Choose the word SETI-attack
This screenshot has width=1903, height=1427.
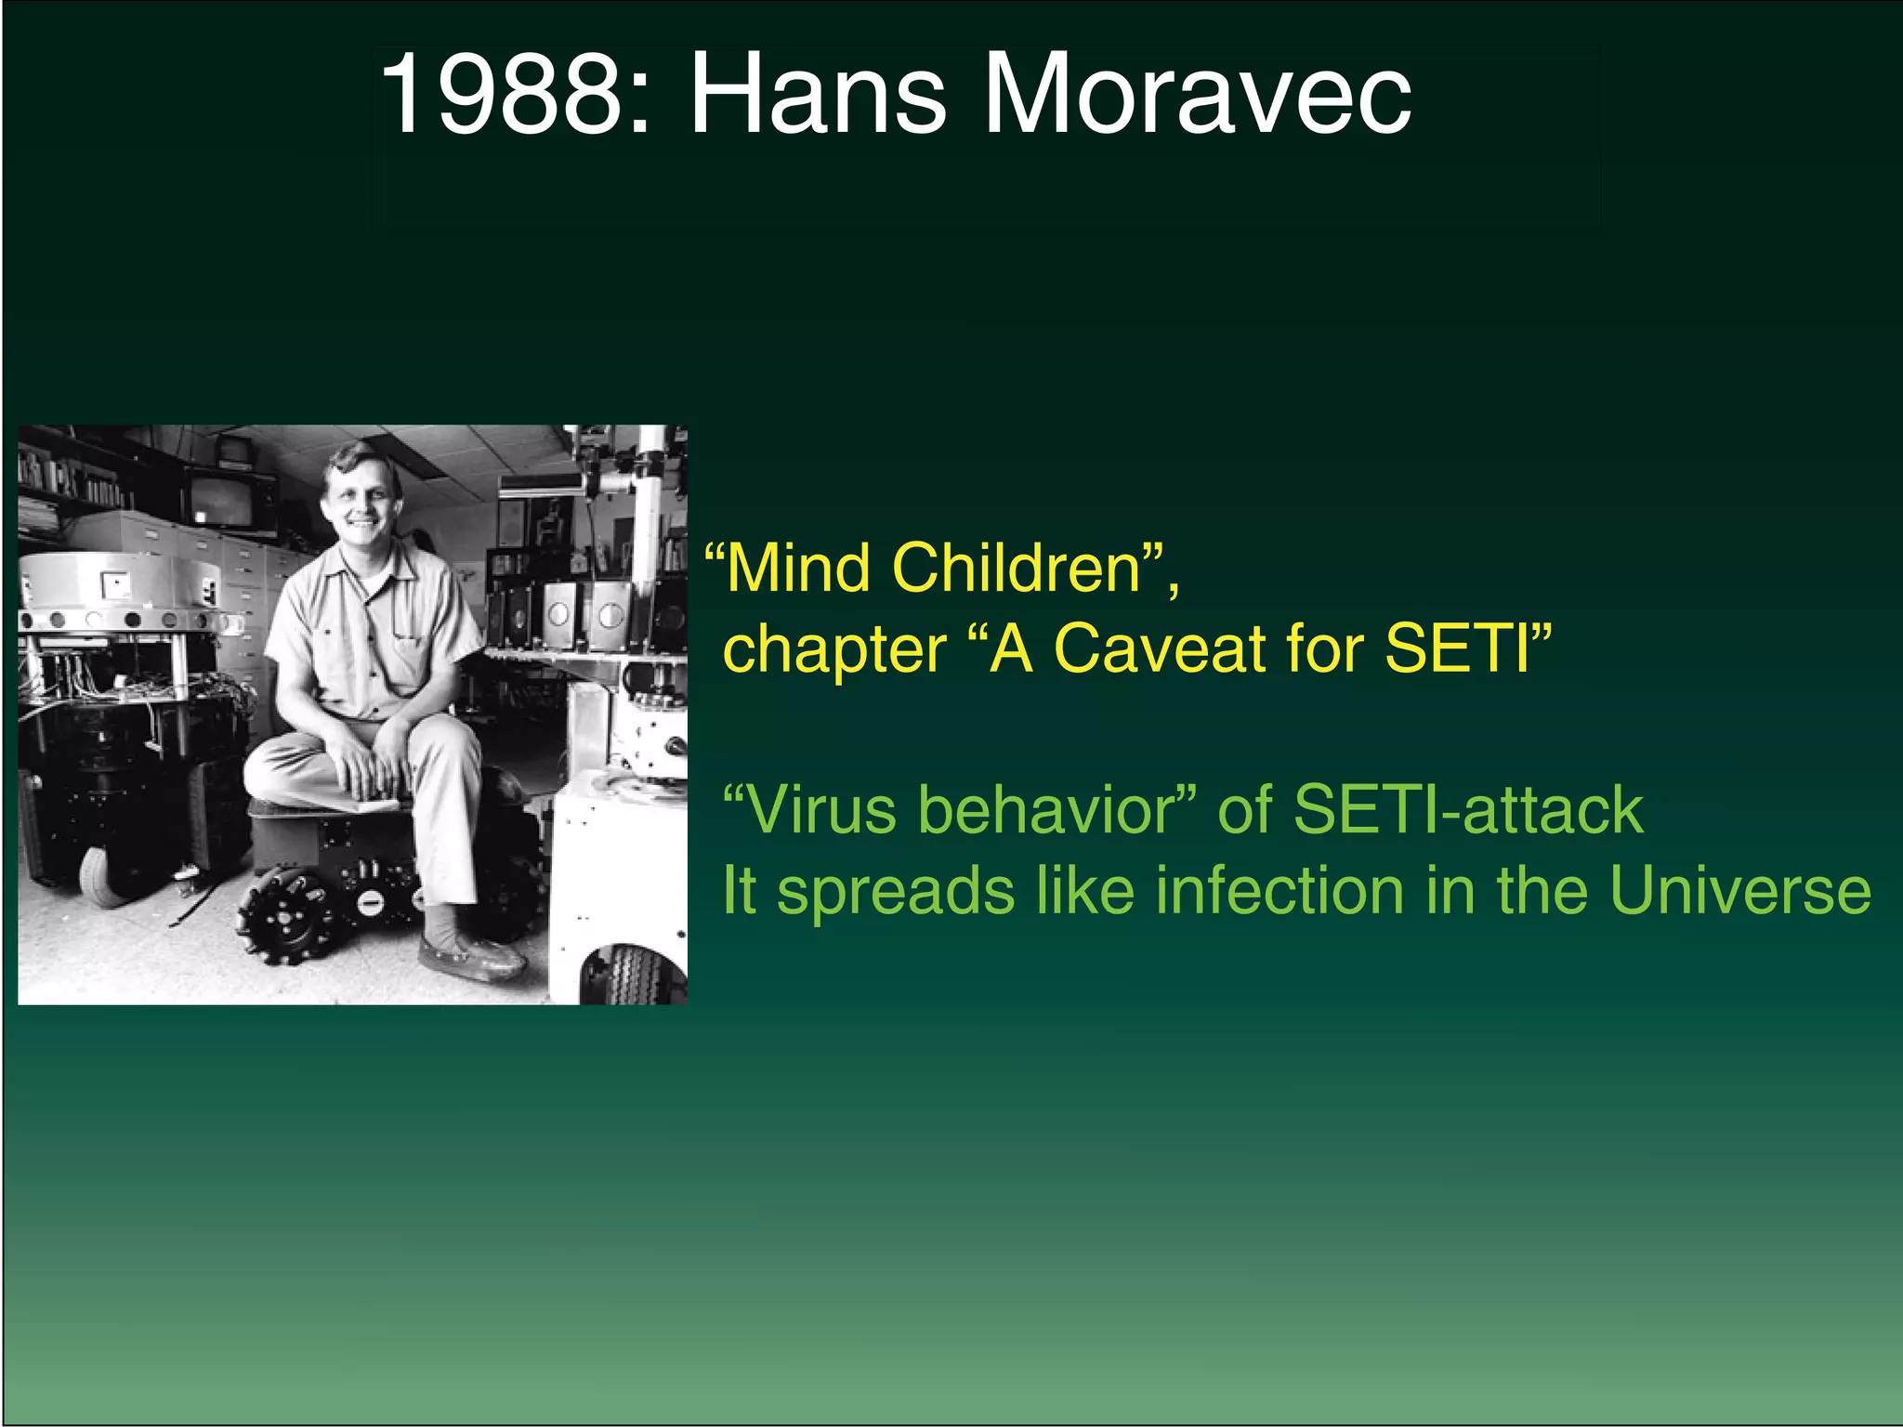click(1468, 810)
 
